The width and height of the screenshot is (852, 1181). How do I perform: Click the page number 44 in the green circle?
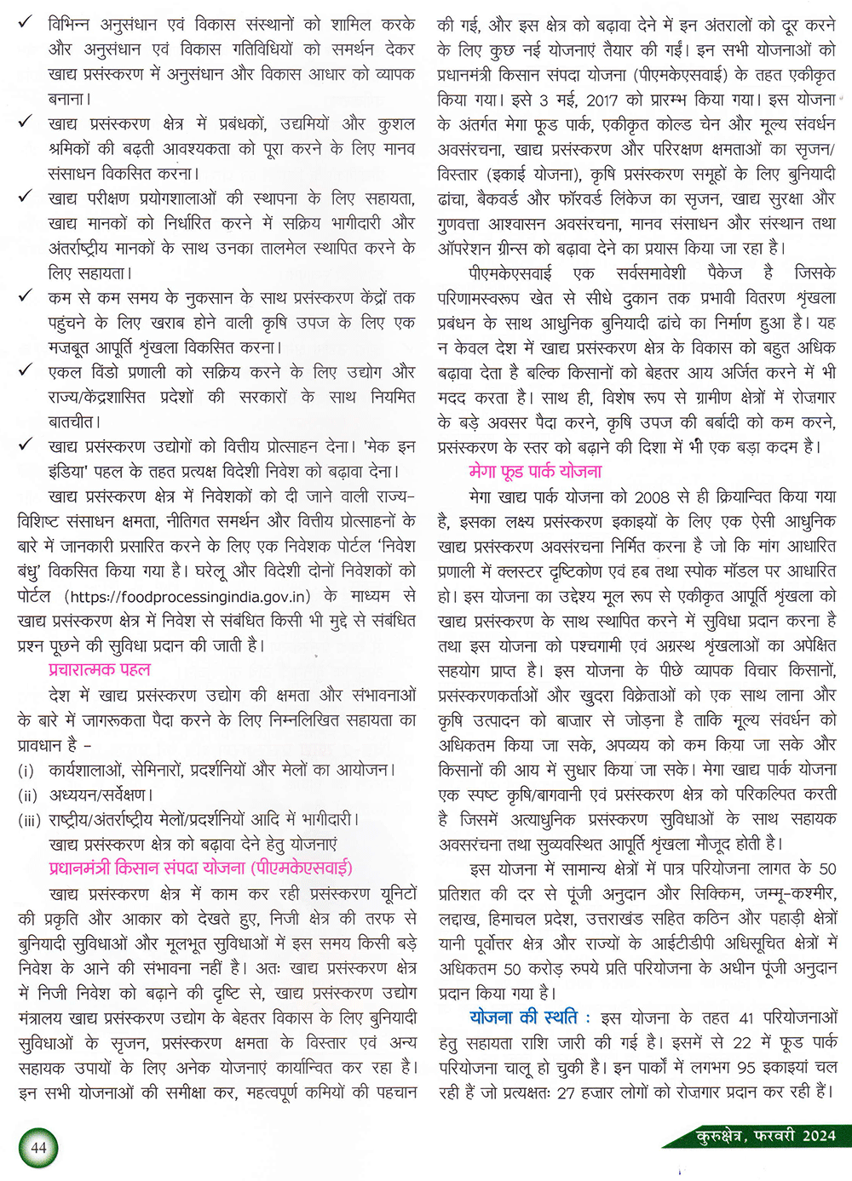[38, 1147]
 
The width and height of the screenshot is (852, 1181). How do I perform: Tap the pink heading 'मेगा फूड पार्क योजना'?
[535, 471]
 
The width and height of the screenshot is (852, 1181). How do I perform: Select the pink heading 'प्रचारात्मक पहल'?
[100, 669]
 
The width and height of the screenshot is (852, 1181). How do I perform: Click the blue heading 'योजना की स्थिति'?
[523, 1018]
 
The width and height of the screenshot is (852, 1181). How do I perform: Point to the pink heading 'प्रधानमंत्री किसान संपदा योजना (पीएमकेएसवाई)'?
[200, 869]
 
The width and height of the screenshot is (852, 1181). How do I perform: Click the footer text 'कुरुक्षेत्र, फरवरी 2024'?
[766, 1136]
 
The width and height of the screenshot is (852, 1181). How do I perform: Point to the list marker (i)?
[26, 771]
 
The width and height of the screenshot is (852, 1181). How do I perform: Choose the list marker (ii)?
[28, 795]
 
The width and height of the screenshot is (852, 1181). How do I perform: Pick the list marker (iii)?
[30, 820]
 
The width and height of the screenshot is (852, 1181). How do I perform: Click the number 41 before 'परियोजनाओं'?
[747, 1018]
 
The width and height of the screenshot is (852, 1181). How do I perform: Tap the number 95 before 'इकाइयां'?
[746, 1067]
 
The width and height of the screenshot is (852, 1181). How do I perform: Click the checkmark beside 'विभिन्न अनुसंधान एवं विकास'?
[26, 23]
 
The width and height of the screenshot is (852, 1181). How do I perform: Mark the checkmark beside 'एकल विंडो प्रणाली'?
[26, 371]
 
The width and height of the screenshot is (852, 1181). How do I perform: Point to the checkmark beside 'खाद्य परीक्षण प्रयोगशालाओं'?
[26, 198]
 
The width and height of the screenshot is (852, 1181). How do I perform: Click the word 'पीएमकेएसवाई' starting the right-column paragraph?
[510, 273]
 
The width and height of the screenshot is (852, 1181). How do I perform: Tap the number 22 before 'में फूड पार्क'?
[742, 1042]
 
